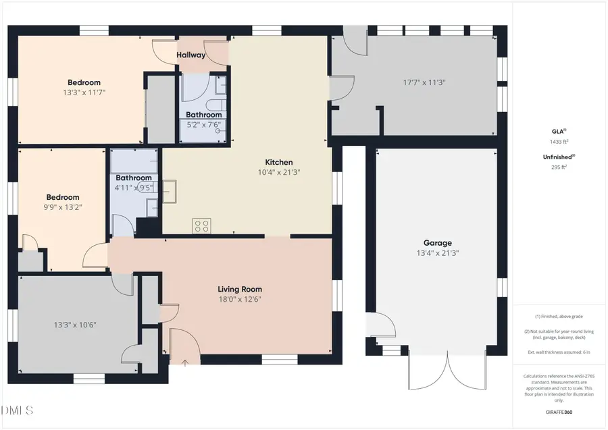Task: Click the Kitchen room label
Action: [x=278, y=162]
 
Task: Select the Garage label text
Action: [x=438, y=243]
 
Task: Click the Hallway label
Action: [x=191, y=55]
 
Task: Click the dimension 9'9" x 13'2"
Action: [x=62, y=207]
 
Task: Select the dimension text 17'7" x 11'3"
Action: [x=424, y=82]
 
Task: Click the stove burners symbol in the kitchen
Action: [x=201, y=225]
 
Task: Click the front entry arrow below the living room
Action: [x=186, y=362]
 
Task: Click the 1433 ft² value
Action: [x=557, y=142]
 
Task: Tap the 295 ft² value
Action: [x=557, y=166]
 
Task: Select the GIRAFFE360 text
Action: [x=557, y=412]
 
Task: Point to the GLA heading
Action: [x=556, y=132]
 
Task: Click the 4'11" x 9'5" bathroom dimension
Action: [x=134, y=188]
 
